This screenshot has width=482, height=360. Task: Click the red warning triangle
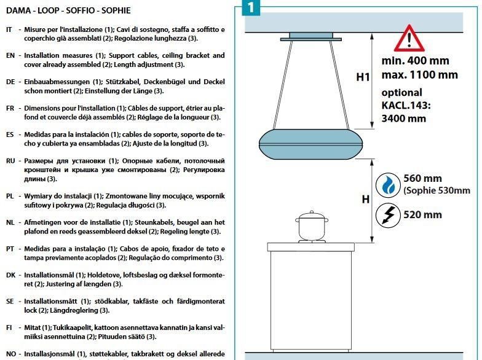(x=409, y=39)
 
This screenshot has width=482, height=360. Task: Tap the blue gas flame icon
(x=388, y=186)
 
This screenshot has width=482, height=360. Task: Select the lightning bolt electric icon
(x=388, y=215)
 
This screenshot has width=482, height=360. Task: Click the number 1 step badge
(x=251, y=7)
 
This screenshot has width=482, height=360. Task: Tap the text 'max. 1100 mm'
(x=419, y=75)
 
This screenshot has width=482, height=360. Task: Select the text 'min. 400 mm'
(x=416, y=60)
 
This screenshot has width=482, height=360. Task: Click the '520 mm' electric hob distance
(x=422, y=214)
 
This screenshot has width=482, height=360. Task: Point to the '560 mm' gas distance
(x=422, y=178)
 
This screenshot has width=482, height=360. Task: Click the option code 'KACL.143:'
(x=406, y=105)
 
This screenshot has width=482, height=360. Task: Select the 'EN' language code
(x=10, y=55)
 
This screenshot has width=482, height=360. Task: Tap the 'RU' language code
(x=10, y=161)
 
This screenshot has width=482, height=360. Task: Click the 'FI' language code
(x=9, y=328)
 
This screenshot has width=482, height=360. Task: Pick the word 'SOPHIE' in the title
(x=116, y=10)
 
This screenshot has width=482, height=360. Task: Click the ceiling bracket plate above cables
(x=311, y=39)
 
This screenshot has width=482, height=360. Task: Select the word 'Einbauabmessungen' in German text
(x=57, y=82)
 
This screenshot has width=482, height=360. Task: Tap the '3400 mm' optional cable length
(x=403, y=118)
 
